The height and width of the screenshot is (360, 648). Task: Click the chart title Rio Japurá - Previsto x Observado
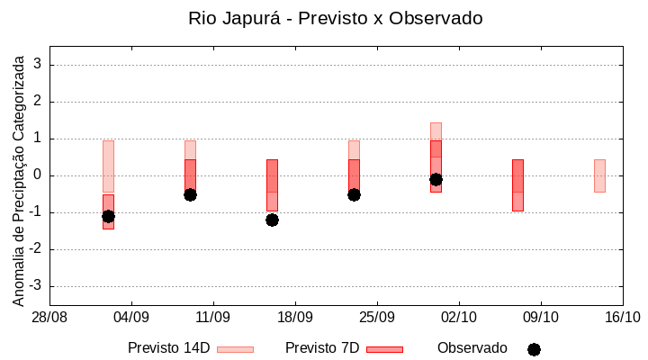click(335, 18)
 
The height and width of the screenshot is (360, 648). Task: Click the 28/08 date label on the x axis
click(49, 318)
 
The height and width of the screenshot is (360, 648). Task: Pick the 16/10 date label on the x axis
click(622, 318)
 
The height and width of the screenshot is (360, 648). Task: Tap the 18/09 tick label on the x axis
click(295, 318)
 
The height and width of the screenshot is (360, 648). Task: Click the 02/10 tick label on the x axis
click(459, 318)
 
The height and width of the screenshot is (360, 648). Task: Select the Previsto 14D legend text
click(168, 348)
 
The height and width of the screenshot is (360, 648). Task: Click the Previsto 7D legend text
click(322, 348)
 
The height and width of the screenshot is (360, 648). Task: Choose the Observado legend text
click(472, 348)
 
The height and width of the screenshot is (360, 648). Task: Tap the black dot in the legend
click(534, 349)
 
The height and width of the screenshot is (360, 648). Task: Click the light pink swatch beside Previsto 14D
click(235, 349)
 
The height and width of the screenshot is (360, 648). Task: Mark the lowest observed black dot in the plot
click(272, 220)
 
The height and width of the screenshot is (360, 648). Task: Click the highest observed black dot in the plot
click(436, 179)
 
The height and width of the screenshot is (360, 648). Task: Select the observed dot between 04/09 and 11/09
click(190, 194)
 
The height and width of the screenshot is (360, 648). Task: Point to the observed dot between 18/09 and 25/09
click(354, 194)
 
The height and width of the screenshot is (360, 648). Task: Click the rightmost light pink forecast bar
click(599, 175)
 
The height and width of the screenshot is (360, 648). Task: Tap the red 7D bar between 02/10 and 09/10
click(517, 185)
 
